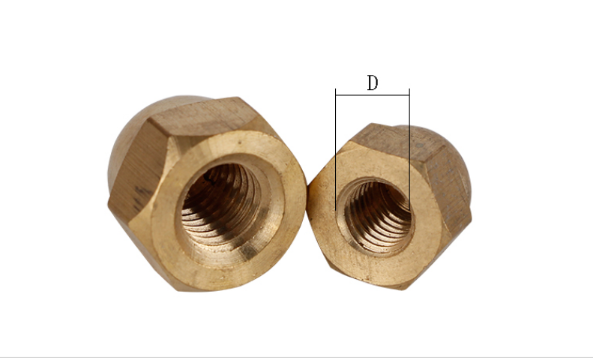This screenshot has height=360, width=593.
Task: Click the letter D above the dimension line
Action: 373,82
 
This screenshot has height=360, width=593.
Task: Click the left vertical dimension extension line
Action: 335,149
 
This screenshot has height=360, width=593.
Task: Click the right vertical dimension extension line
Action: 409,148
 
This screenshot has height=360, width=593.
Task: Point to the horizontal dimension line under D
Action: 373,95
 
